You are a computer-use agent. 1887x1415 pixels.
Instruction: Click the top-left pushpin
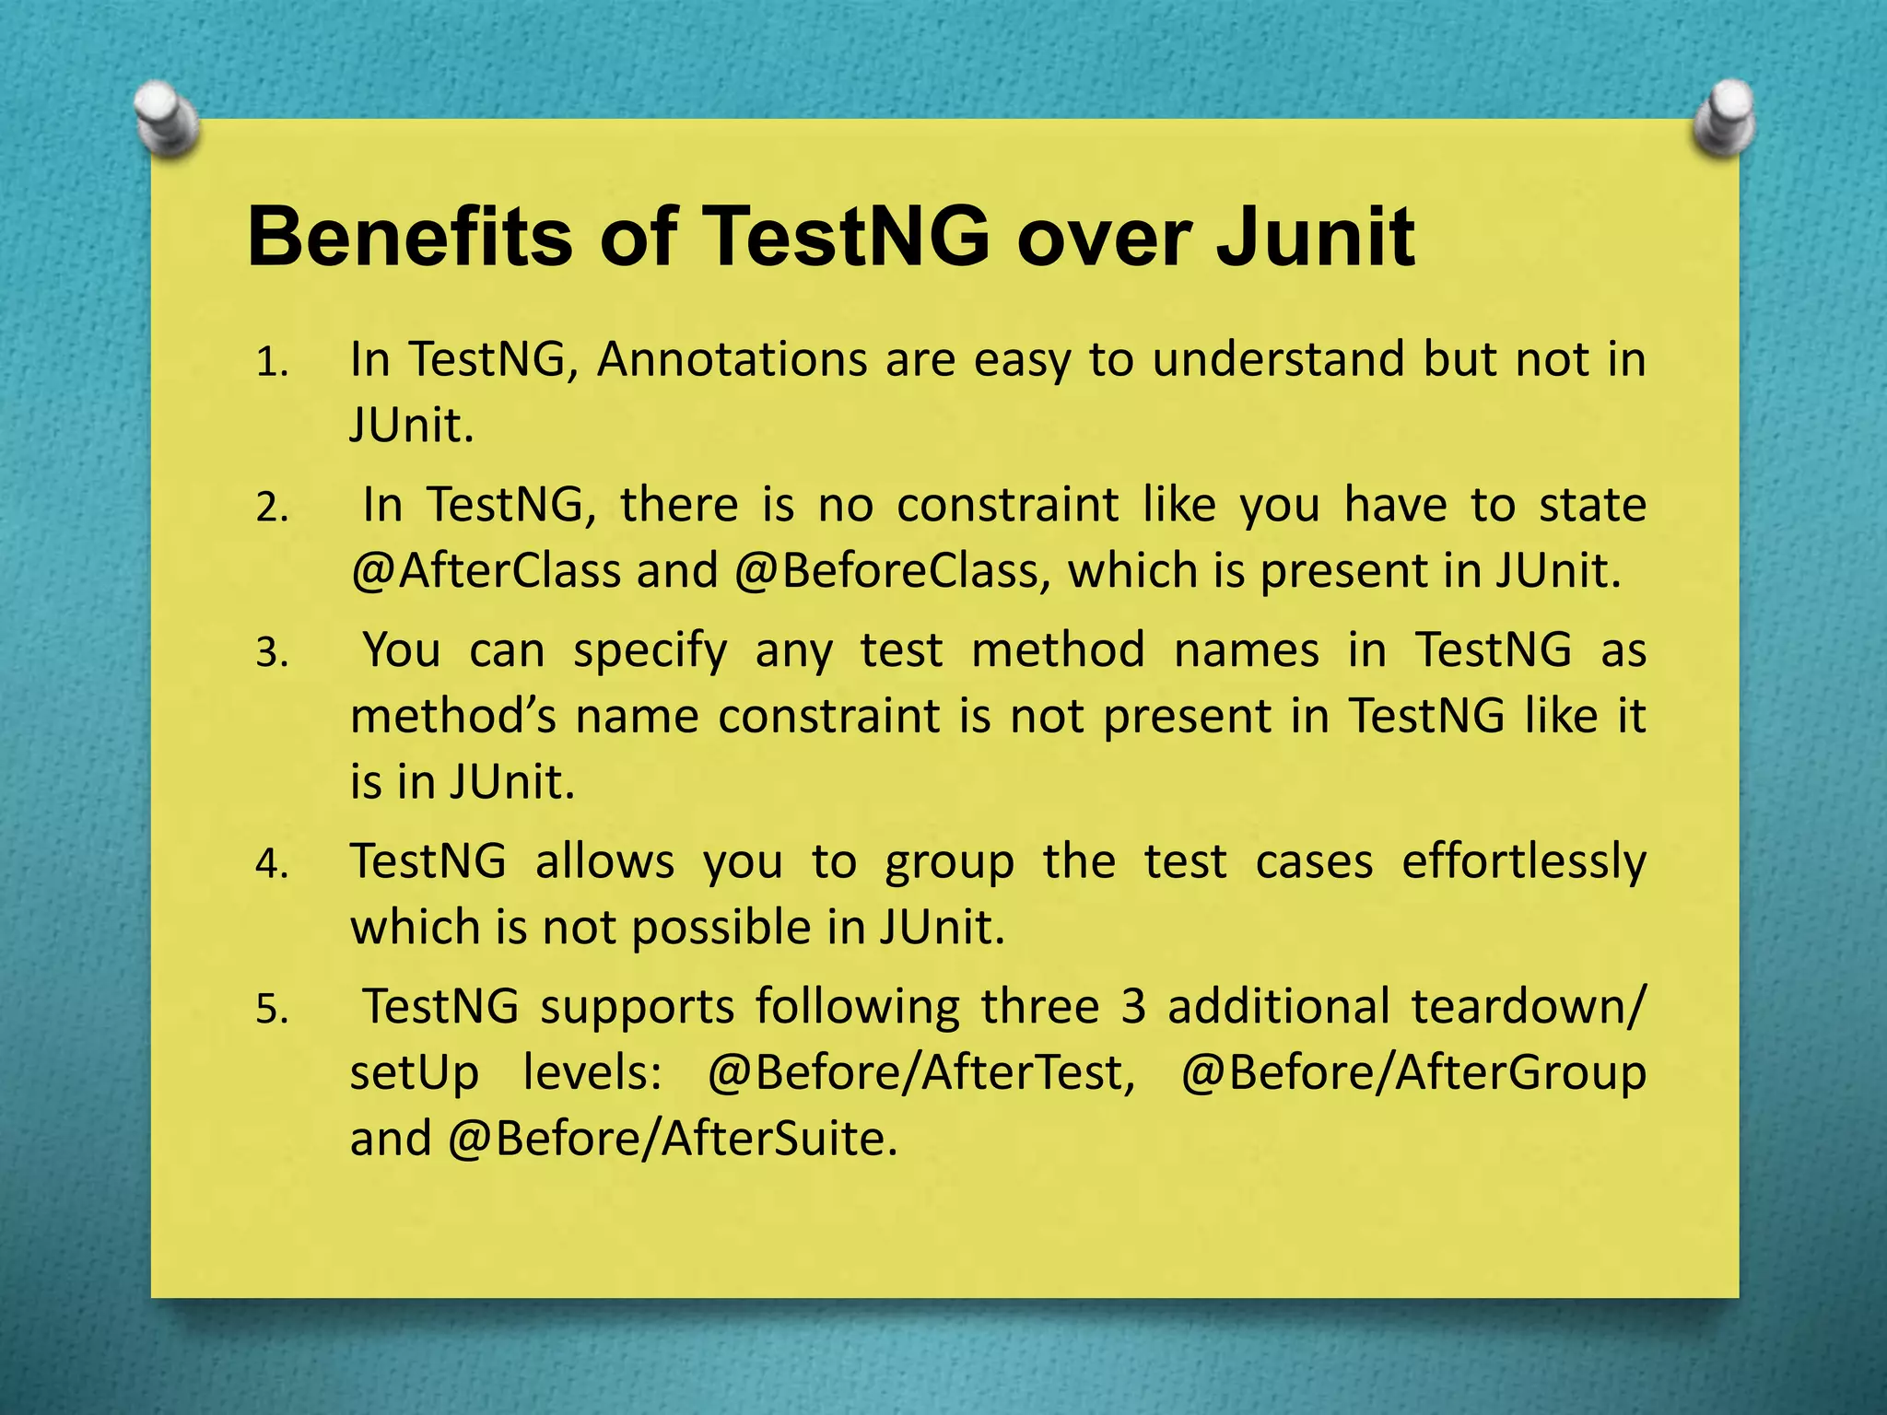coord(167,120)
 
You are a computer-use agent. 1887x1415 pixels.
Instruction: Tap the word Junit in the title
coord(1315,238)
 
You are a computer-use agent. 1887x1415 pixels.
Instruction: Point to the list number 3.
coord(273,653)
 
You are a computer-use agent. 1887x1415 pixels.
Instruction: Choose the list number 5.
coord(273,1010)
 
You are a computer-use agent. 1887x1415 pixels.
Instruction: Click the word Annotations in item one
coord(732,359)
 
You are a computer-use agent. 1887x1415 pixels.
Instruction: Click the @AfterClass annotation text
coord(486,571)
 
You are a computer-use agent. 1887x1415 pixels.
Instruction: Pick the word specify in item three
coord(650,650)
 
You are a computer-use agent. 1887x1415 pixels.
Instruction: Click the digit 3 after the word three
coord(1133,1006)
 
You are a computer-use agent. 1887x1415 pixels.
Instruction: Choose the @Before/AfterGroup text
coord(1412,1072)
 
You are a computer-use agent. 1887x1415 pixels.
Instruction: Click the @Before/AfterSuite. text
coord(672,1139)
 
